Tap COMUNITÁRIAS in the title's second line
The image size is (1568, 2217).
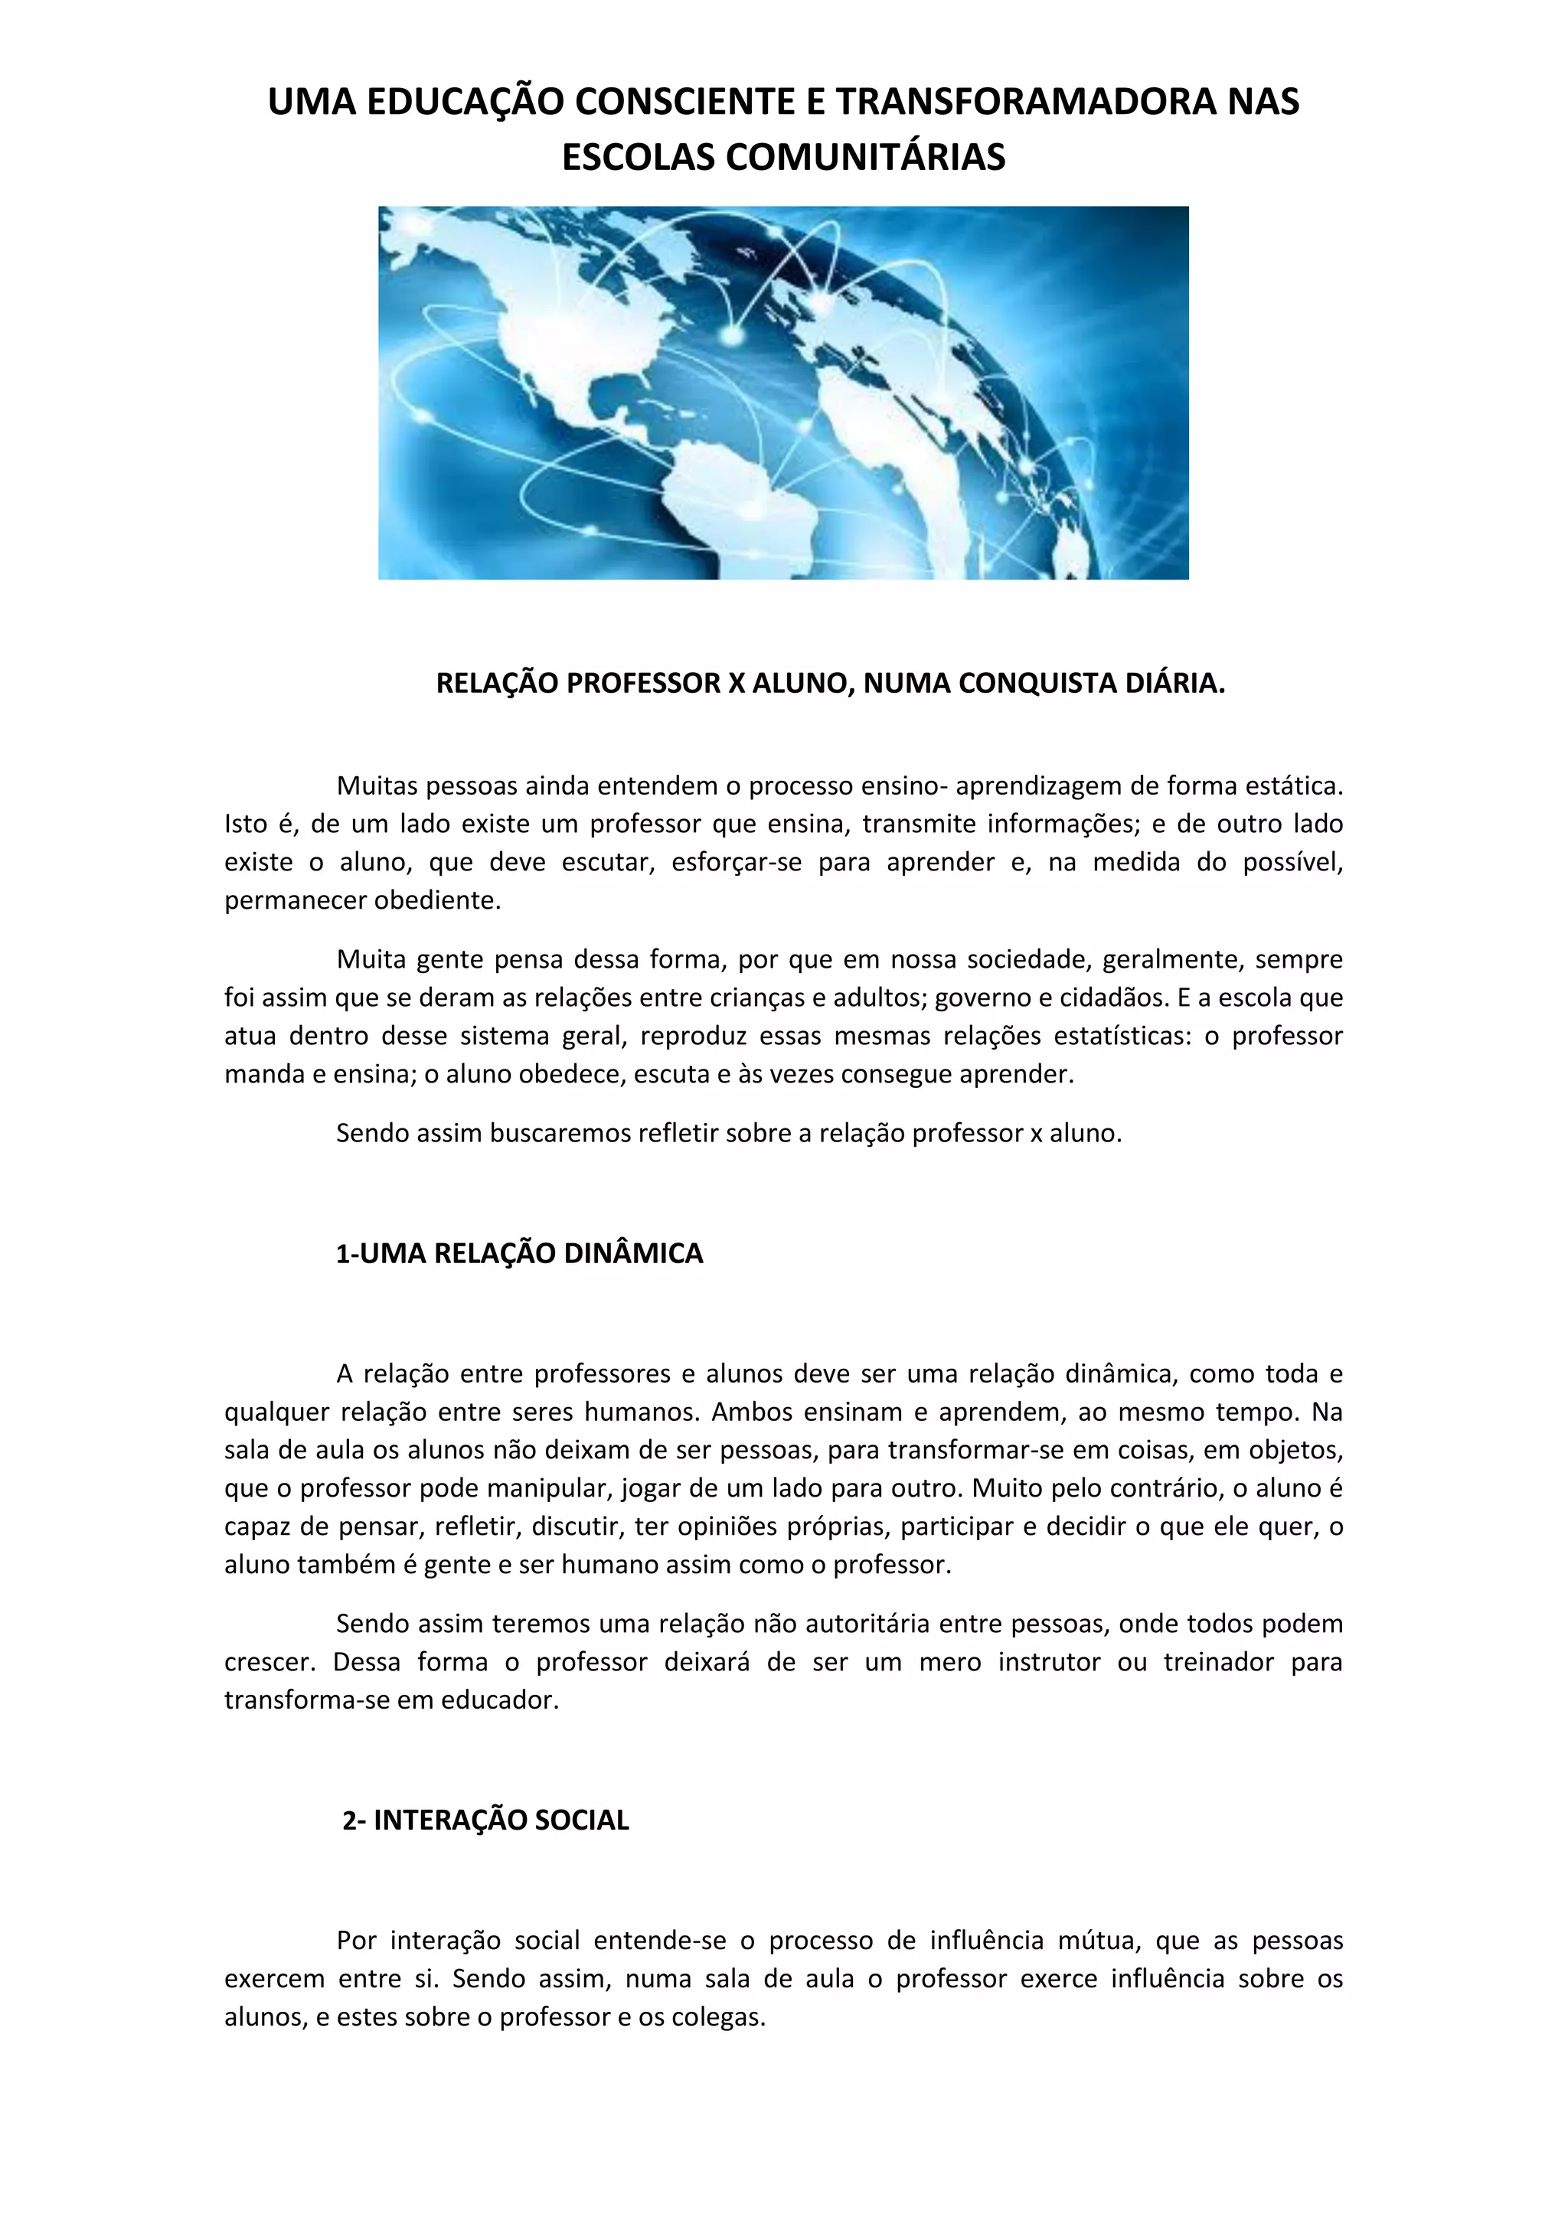coord(865,158)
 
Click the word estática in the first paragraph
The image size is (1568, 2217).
coord(1294,786)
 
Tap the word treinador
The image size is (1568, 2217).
coord(1218,1662)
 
